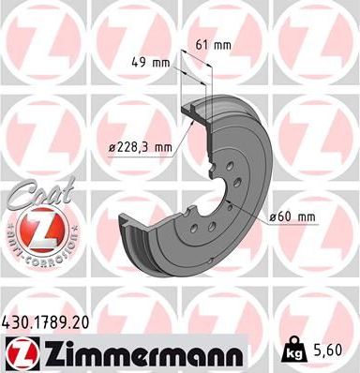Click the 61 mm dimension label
coord(214,43)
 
